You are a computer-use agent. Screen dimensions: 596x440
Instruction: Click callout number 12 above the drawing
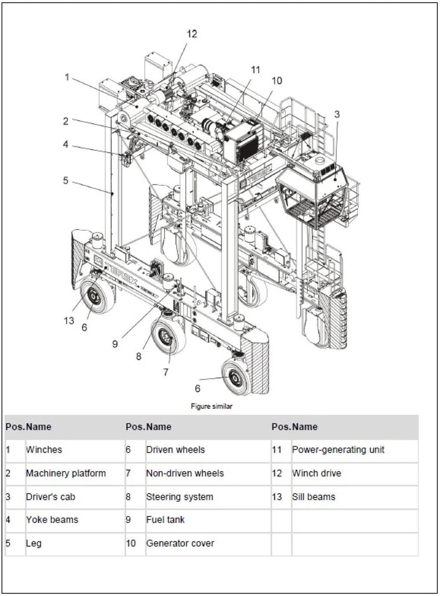[x=192, y=34]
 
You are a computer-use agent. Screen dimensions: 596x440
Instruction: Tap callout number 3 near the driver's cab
[x=337, y=114]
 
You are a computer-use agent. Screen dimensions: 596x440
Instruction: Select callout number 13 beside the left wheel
[x=69, y=321]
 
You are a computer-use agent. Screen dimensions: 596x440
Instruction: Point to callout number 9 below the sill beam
[x=115, y=344]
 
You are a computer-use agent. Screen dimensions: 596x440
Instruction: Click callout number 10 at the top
[x=277, y=80]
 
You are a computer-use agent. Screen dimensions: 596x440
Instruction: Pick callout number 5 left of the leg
[x=66, y=180]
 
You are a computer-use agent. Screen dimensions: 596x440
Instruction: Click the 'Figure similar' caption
[x=211, y=406]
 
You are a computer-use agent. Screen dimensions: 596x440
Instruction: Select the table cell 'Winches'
[x=44, y=450]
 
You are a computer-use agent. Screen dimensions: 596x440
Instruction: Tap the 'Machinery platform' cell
[x=66, y=473]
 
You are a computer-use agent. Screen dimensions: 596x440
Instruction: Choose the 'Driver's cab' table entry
[x=50, y=497]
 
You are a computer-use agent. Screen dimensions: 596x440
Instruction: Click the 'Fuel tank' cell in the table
[x=165, y=520]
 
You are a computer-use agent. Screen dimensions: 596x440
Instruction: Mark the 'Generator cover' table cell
[x=180, y=544]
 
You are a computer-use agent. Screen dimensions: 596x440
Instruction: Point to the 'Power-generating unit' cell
[x=338, y=450]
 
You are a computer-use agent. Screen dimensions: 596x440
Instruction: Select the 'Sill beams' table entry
[x=314, y=497]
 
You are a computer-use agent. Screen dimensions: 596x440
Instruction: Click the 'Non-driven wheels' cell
[x=185, y=473]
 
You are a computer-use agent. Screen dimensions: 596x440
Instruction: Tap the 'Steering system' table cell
[x=180, y=497]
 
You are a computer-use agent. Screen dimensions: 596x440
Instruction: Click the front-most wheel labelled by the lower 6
[x=235, y=377]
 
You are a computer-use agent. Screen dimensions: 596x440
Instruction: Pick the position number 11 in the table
[x=277, y=450]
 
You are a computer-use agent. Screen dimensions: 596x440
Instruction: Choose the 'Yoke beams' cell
[x=52, y=520]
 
